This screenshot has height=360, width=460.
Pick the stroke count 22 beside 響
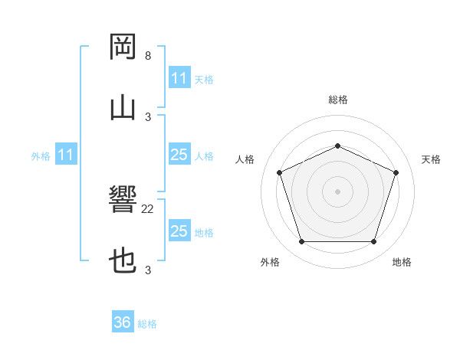pos(148,208)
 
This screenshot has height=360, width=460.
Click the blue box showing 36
pos(123,322)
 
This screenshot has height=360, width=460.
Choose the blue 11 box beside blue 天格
pos(179,78)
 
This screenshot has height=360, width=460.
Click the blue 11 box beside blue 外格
pos(66,155)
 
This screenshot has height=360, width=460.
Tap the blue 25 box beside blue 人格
pos(179,155)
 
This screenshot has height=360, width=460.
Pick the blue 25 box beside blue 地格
pos(179,231)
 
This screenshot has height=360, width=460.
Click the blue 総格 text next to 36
pos(147,324)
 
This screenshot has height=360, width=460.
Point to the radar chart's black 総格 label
pos(338,100)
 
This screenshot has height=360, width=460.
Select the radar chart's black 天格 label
pos(431,159)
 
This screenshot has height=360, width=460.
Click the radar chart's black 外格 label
pos(270,262)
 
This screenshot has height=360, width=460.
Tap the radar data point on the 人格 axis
pos(279,172)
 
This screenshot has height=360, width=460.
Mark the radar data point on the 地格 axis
pos(373,242)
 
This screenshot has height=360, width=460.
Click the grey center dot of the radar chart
pos(337,191)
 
